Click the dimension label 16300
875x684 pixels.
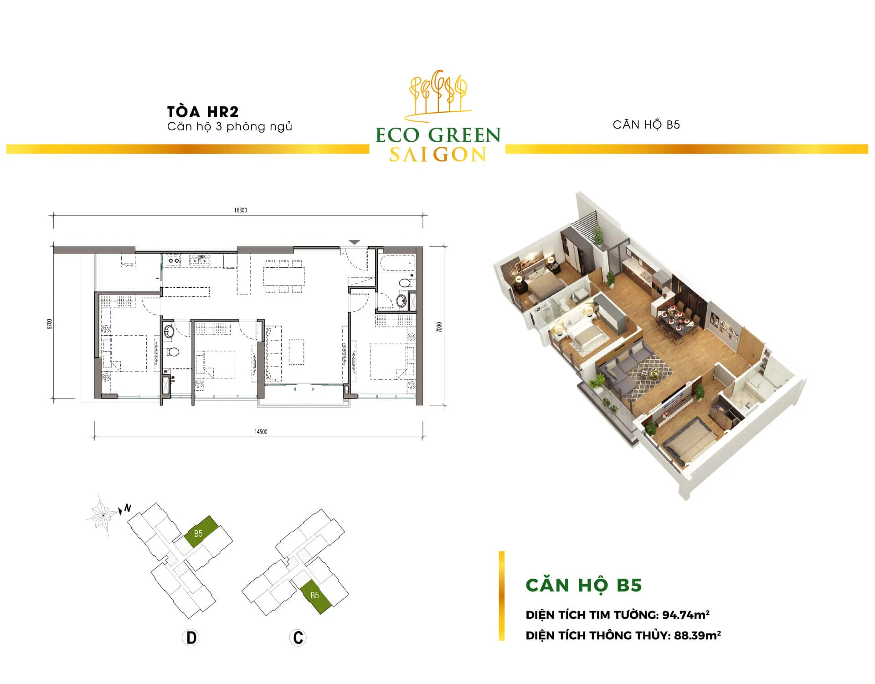[x=241, y=210]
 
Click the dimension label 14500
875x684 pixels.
[x=261, y=432]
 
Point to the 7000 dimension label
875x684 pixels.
[x=439, y=327]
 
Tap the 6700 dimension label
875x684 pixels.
[x=50, y=324]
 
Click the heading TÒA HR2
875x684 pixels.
[x=203, y=112]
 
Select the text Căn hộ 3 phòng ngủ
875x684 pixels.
[x=230, y=126]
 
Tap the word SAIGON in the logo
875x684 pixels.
[x=438, y=155]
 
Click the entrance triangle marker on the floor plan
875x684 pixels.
[x=355, y=242]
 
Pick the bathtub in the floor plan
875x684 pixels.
[x=397, y=263]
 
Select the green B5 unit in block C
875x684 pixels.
[x=315, y=596]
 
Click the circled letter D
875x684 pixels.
[x=191, y=637]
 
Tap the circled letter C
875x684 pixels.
[x=298, y=637]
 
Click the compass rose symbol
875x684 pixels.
[x=102, y=514]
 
